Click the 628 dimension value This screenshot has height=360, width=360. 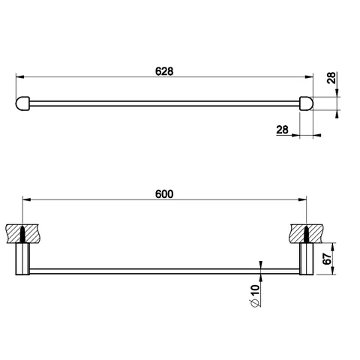click(x=164, y=71)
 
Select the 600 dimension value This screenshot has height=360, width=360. click(x=164, y=194)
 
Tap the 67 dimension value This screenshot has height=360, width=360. click(x=327, y=259)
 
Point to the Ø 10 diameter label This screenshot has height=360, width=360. click(x=255, y=295)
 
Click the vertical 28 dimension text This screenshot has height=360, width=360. click(x=331, y=78)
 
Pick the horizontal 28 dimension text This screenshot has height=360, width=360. click(x=282, y=130)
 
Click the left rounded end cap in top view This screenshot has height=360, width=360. click(x=22, y=103)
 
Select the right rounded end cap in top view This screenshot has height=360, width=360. click(x=306, y=103)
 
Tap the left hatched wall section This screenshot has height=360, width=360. click(x=22, y=234)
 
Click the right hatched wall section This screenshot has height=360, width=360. click(x=306, y=234)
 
